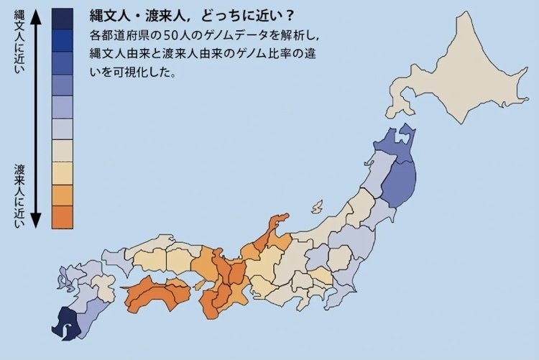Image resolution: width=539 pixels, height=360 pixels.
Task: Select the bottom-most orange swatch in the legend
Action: pyautogui.click(x=62, y=216)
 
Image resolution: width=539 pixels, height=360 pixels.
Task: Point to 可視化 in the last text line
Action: pyautogui.click(x=132, y=72)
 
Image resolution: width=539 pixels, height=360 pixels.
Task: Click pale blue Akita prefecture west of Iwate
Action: pyautogui.click(x=376, y=177)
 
